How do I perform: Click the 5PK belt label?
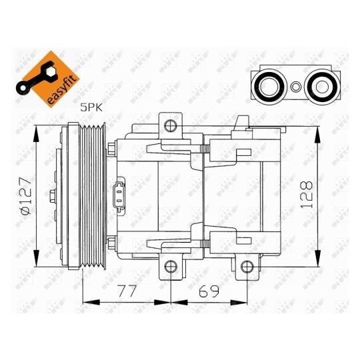pyautogui.click(x=91, y=107)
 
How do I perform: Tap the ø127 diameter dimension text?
pyautogui.click(x=26, y=195)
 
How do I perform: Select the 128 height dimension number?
pyautogui.click(x=307, y=195)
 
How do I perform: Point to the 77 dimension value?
pyautogui.click(x=127, y=291)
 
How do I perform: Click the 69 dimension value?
pyautogui.click(x=209, y=291)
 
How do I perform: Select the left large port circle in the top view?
pyautogui.click(x=269, y=87)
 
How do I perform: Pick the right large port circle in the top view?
pyautogui.click(x=322, y=87)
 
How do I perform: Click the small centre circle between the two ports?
pyautogui.click(x=296, y=87)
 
